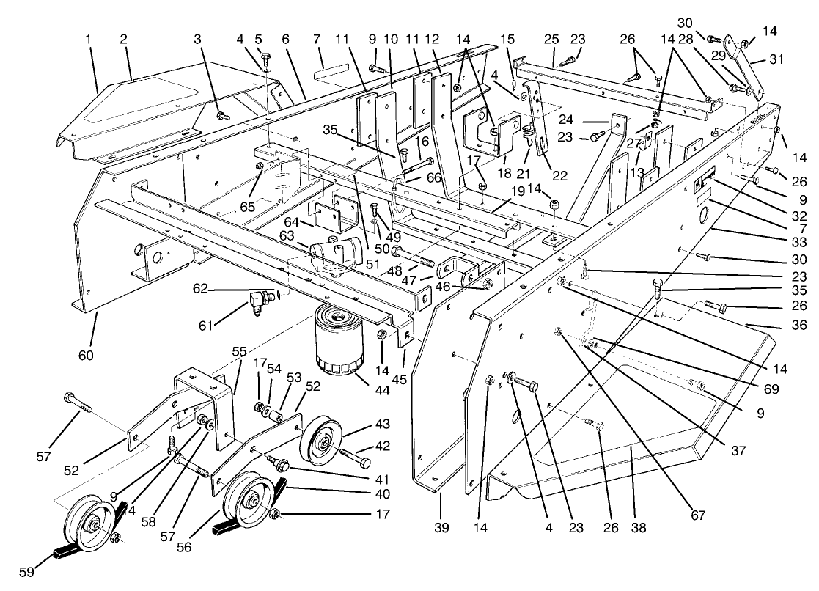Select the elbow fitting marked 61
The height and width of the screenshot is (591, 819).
click(257, 301)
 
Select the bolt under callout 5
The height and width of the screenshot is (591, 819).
click(266, 56)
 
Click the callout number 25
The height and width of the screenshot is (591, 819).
click(552, 37)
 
